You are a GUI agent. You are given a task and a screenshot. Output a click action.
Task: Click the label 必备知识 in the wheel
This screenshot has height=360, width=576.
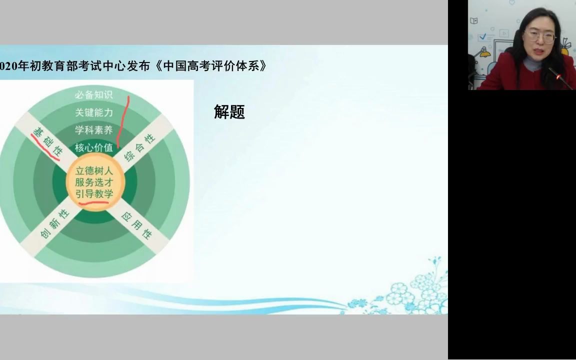tap(94, 94)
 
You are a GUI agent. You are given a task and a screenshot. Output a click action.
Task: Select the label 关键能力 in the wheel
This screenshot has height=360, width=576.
tap(94, 112)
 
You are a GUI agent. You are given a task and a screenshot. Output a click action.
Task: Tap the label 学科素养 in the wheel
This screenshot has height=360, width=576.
tap(94, 130)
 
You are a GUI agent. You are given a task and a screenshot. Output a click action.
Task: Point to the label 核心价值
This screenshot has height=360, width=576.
tap(94, 147)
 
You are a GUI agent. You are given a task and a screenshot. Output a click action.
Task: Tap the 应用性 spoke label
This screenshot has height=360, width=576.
tap(136, 224)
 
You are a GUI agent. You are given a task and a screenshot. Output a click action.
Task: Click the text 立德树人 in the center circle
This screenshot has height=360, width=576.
tap(94, 170)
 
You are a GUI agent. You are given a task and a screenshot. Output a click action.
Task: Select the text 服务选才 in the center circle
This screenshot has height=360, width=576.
tap(94, 182)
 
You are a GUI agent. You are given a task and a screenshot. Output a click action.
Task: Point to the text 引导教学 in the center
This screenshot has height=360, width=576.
tap(94, 193)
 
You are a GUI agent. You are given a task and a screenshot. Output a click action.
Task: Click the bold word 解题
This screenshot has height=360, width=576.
tap(229, 112)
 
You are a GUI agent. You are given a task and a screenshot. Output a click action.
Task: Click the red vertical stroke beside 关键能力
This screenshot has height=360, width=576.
tap(123, 120)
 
